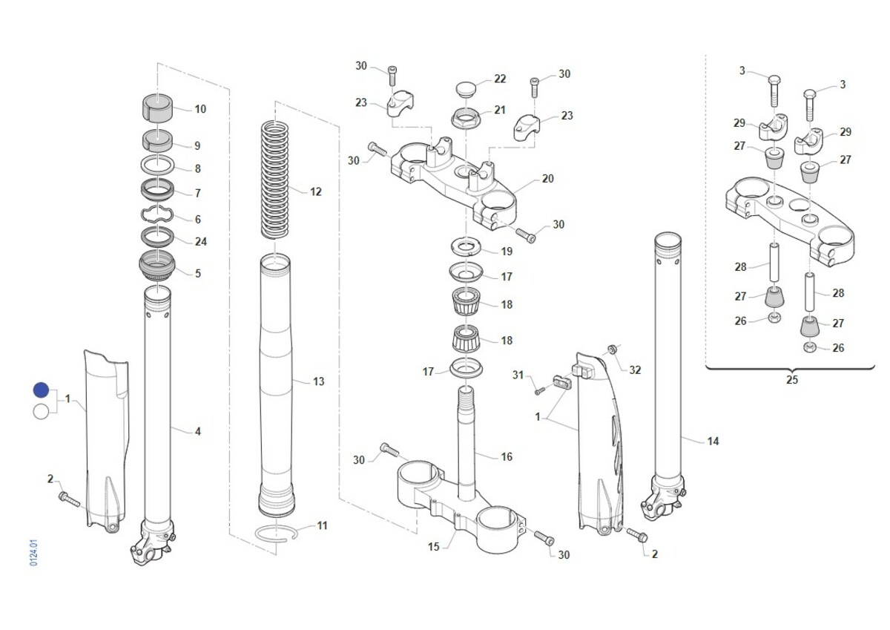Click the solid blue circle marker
(x=41, y=390)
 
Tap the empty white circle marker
(x=41, y=412)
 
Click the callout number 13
(x=319, y=381)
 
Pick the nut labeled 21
(x=466, y=118)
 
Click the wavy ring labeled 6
(x=157, y=214)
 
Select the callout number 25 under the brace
(x=792, y=380)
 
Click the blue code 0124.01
(x=34, y=553)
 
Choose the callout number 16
(x=507, y=456)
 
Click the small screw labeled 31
(x=539, y=392)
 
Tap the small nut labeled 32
(x=612, y=350)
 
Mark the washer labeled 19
(x=466, y=246)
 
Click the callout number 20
(x=547, y=179)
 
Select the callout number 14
(x=713, y=442)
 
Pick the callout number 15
(x=433, y=547)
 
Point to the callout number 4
(x=198, y=431)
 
